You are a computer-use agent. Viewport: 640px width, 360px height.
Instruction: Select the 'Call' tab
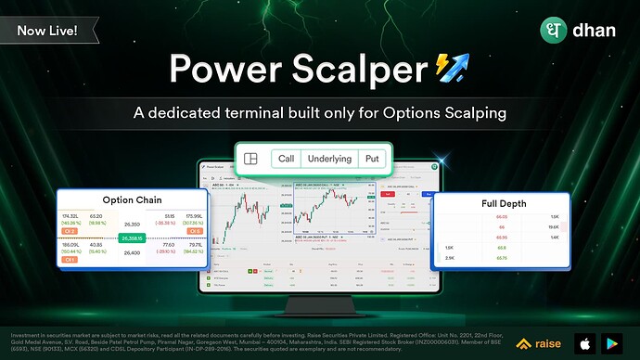pyautogui.click(x=286, y=159)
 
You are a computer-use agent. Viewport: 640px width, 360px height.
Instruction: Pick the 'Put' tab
pyautogui.click(x=372, y=159)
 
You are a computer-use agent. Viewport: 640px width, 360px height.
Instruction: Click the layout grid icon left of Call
pyautogui.click(x=250, y=159)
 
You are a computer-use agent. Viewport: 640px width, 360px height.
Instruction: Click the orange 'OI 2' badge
pyautogui.click(x=70, y=231)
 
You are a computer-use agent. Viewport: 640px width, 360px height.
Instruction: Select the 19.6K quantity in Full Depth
pyautogui.click(x=553, y=226)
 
